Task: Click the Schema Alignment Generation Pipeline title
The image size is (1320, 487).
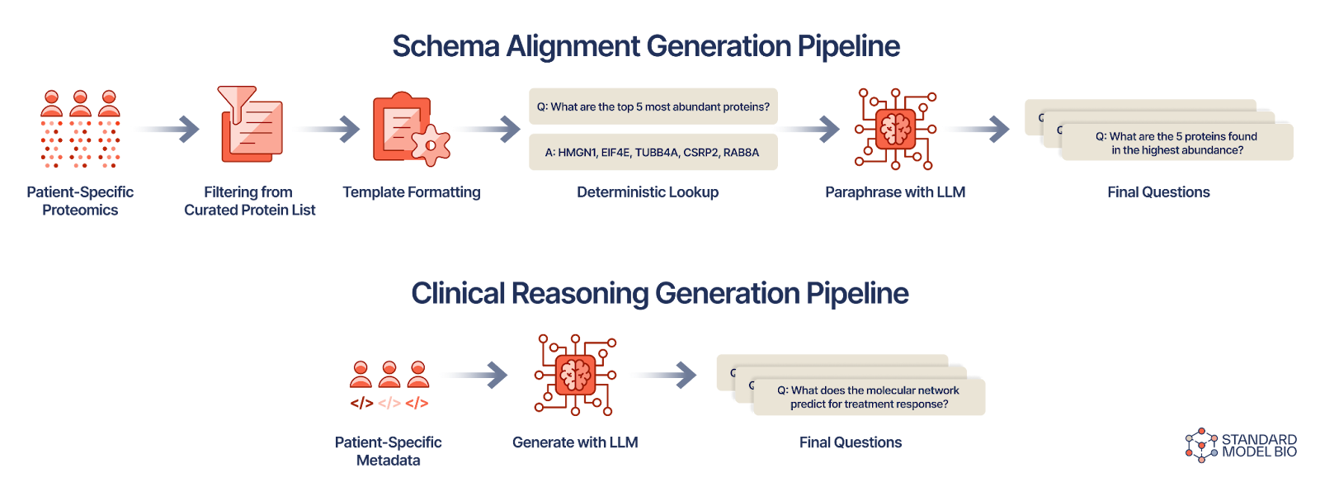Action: pos(646,46)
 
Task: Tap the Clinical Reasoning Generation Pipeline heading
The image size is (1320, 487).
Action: pos(660,293)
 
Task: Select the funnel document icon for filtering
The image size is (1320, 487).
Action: pos(250,125)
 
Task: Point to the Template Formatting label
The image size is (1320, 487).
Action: pos(411,192)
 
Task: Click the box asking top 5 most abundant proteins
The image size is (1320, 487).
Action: pos(653,106)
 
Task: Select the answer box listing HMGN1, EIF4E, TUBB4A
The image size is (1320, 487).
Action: pos(653,152)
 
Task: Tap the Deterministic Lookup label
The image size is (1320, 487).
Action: pos(648,192)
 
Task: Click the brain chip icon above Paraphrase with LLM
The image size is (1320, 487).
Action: pos(895,129)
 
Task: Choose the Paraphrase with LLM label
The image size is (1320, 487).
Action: pos(895,192)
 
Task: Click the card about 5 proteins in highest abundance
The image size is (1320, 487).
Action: pos(1176,143)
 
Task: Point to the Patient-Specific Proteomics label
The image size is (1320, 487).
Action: pos(80,201)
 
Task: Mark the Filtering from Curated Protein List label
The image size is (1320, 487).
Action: pos(249,201)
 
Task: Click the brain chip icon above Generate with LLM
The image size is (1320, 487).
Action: pos(575,375)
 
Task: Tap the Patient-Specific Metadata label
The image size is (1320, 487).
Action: pos(389,452)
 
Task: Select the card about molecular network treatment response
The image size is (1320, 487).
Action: pos(869,397)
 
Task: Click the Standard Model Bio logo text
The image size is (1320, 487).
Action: pos(1258,446)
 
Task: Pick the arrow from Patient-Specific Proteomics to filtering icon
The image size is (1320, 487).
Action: pos(164,129)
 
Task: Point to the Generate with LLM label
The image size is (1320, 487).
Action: pos(575,442)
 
